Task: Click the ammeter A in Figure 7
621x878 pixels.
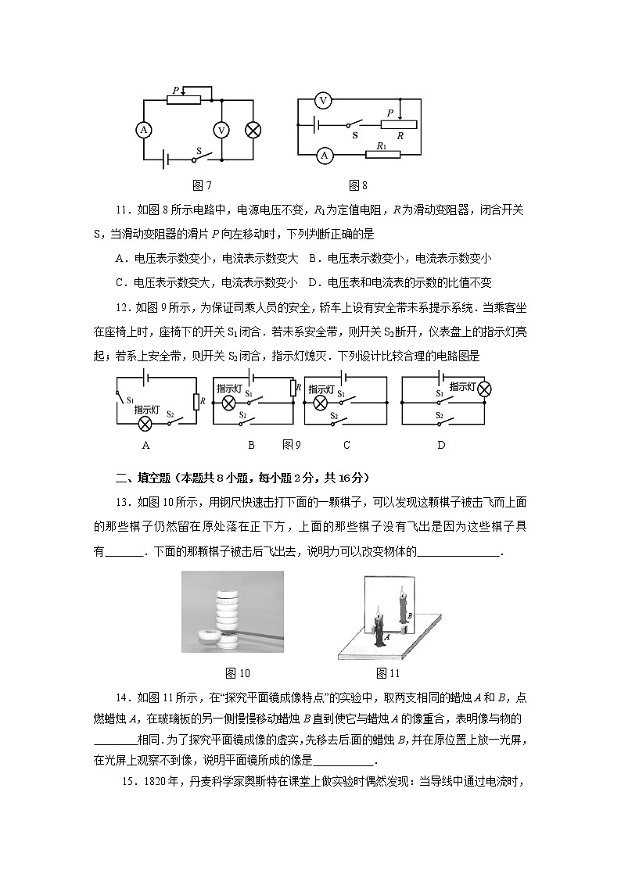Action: tap(143, 131)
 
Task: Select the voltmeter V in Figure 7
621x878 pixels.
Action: tap(221, 131)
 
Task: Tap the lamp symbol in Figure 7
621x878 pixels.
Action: tap(253, 131)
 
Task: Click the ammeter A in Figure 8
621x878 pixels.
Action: tap(324, 156)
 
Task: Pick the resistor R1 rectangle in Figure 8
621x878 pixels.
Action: tap(382, 156)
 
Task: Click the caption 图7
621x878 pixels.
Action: tap(202, 185)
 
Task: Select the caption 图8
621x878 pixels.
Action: tap(358, 185)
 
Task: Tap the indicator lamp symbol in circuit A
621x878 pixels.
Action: tap(145, 423)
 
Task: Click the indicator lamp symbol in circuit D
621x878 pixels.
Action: tap(485, 388)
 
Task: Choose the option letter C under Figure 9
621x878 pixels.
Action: tap(346, 445)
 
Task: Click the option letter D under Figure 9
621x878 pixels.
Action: tap(441, 445)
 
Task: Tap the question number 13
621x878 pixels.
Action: tap(122, 500)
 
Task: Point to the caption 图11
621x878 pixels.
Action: tap(387, 673)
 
